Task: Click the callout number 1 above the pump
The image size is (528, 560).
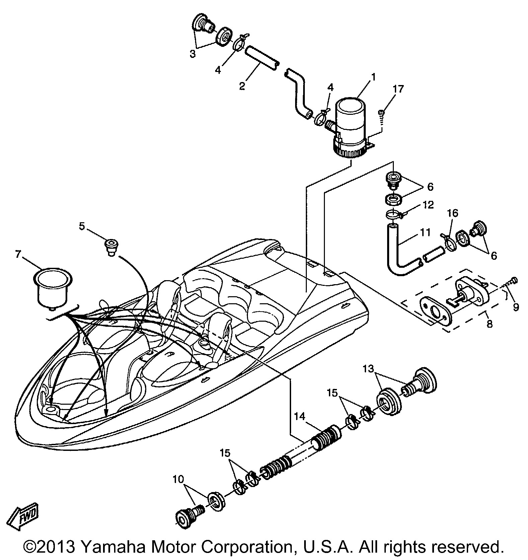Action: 373,78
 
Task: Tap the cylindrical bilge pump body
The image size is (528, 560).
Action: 350,127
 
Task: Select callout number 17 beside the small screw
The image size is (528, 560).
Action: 398,89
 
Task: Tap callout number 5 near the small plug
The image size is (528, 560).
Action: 82,227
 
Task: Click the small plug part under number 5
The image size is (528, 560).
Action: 111,247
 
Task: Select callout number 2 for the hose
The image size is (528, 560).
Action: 242,86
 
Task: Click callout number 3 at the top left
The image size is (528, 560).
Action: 192,54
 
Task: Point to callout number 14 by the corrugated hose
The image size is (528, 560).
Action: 300,417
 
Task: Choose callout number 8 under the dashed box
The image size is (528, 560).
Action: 490,324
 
